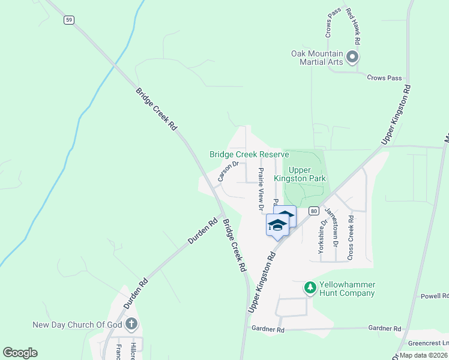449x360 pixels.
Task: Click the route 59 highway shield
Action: (x=70, y=20)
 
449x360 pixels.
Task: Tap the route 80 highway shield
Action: (x=313, y=211)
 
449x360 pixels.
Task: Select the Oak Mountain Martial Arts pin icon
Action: (x=352, y=58)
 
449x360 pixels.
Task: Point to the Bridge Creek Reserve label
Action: (x=249, y=154)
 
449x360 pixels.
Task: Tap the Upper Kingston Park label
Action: (x=308, y=174)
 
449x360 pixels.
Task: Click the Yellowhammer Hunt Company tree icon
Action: (x=310, y=288)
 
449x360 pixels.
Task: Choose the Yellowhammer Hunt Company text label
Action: (x=348, y=289)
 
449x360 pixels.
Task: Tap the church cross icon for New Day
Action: (x=132, y=325)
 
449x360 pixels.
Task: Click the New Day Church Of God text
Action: (x=77, y=325)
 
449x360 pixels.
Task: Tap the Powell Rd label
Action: (x=434, y=296)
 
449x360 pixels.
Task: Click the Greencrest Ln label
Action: (x=428, y=344)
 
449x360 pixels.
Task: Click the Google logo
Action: (x=20, y=353)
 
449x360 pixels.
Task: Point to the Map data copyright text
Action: (x=423, y=355)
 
